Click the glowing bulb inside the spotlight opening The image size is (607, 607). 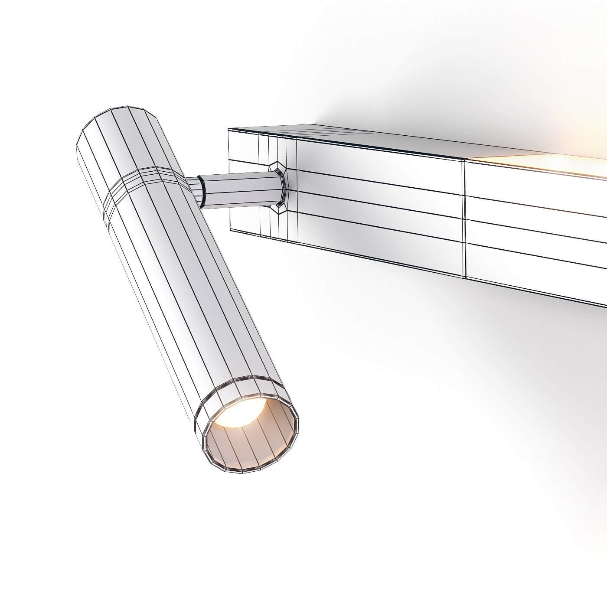click(x=238, y=412)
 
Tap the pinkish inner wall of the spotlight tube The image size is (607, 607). click(x=264, y=438)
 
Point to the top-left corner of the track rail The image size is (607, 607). click(x=229, y=129)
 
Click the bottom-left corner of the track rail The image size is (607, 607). click(x=230, y=230)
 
